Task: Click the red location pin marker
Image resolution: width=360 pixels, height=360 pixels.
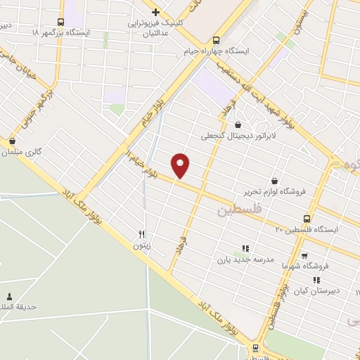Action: point(181,165)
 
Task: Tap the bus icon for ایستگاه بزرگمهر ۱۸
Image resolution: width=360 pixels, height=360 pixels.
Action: point(60,22)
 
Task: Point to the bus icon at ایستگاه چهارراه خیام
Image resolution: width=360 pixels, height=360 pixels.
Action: point(215,40)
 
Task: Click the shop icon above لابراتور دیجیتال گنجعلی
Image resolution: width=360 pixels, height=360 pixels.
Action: point(238,125)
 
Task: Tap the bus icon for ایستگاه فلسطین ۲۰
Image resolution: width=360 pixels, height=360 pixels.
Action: point(307,219)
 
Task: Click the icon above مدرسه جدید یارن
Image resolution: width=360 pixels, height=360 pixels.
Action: point(245,248)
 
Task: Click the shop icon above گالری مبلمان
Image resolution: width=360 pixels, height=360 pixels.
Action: point(12,141)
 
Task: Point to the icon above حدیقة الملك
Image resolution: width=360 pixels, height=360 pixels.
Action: point(9,296)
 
